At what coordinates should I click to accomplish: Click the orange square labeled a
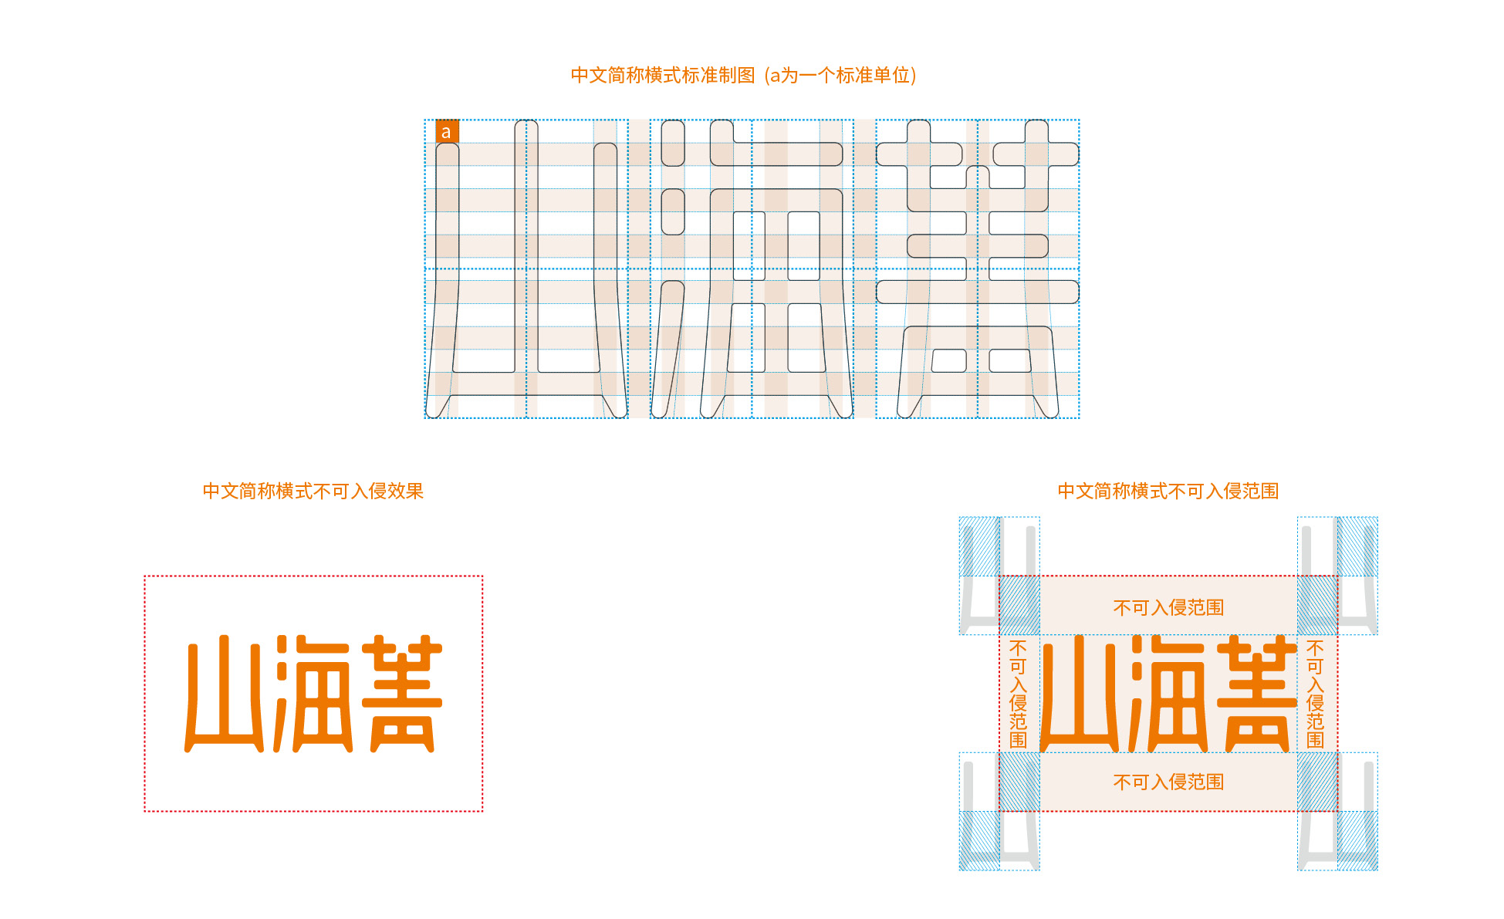(x=447, y=131)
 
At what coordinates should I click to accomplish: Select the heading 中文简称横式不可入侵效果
(x=313, y=491)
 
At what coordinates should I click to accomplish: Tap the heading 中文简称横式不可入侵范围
(x=1168, y=491)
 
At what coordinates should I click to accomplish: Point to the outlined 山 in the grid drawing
(x=526, y=269)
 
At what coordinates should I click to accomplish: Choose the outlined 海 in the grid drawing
(x=752, y=269)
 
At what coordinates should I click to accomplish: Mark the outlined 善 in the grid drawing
(x=978, y=269)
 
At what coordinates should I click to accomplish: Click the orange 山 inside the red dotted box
(x=225, y=693)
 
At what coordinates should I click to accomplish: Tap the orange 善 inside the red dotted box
(x=402, y=693)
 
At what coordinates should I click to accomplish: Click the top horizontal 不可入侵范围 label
(x=1168, y=607)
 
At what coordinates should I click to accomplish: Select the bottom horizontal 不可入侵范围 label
(x=1168, y=782)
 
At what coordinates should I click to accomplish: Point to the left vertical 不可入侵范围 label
(x=1019, y=694)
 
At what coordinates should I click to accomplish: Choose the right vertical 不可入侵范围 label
(x=1316, y=694)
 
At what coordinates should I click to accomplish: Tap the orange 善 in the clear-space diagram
(x=1257, y=693)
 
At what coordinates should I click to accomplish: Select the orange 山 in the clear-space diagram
(x=1080, y=693)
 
